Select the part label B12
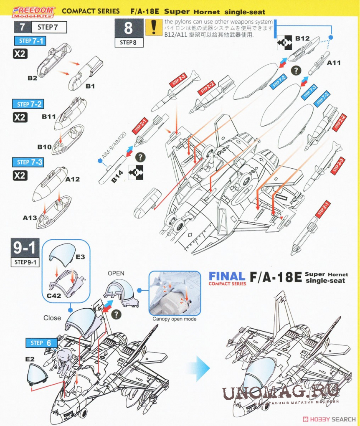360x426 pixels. point(302,39)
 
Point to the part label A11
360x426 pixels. point(333,63)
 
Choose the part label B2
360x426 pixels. point(33,78)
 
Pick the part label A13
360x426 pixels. point(30,218)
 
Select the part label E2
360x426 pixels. point(30,359)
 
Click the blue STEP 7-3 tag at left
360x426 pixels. point(30,162)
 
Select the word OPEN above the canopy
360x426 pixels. point(116,273)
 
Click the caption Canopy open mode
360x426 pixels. point(174,319)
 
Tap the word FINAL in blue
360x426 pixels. point(227,276)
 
